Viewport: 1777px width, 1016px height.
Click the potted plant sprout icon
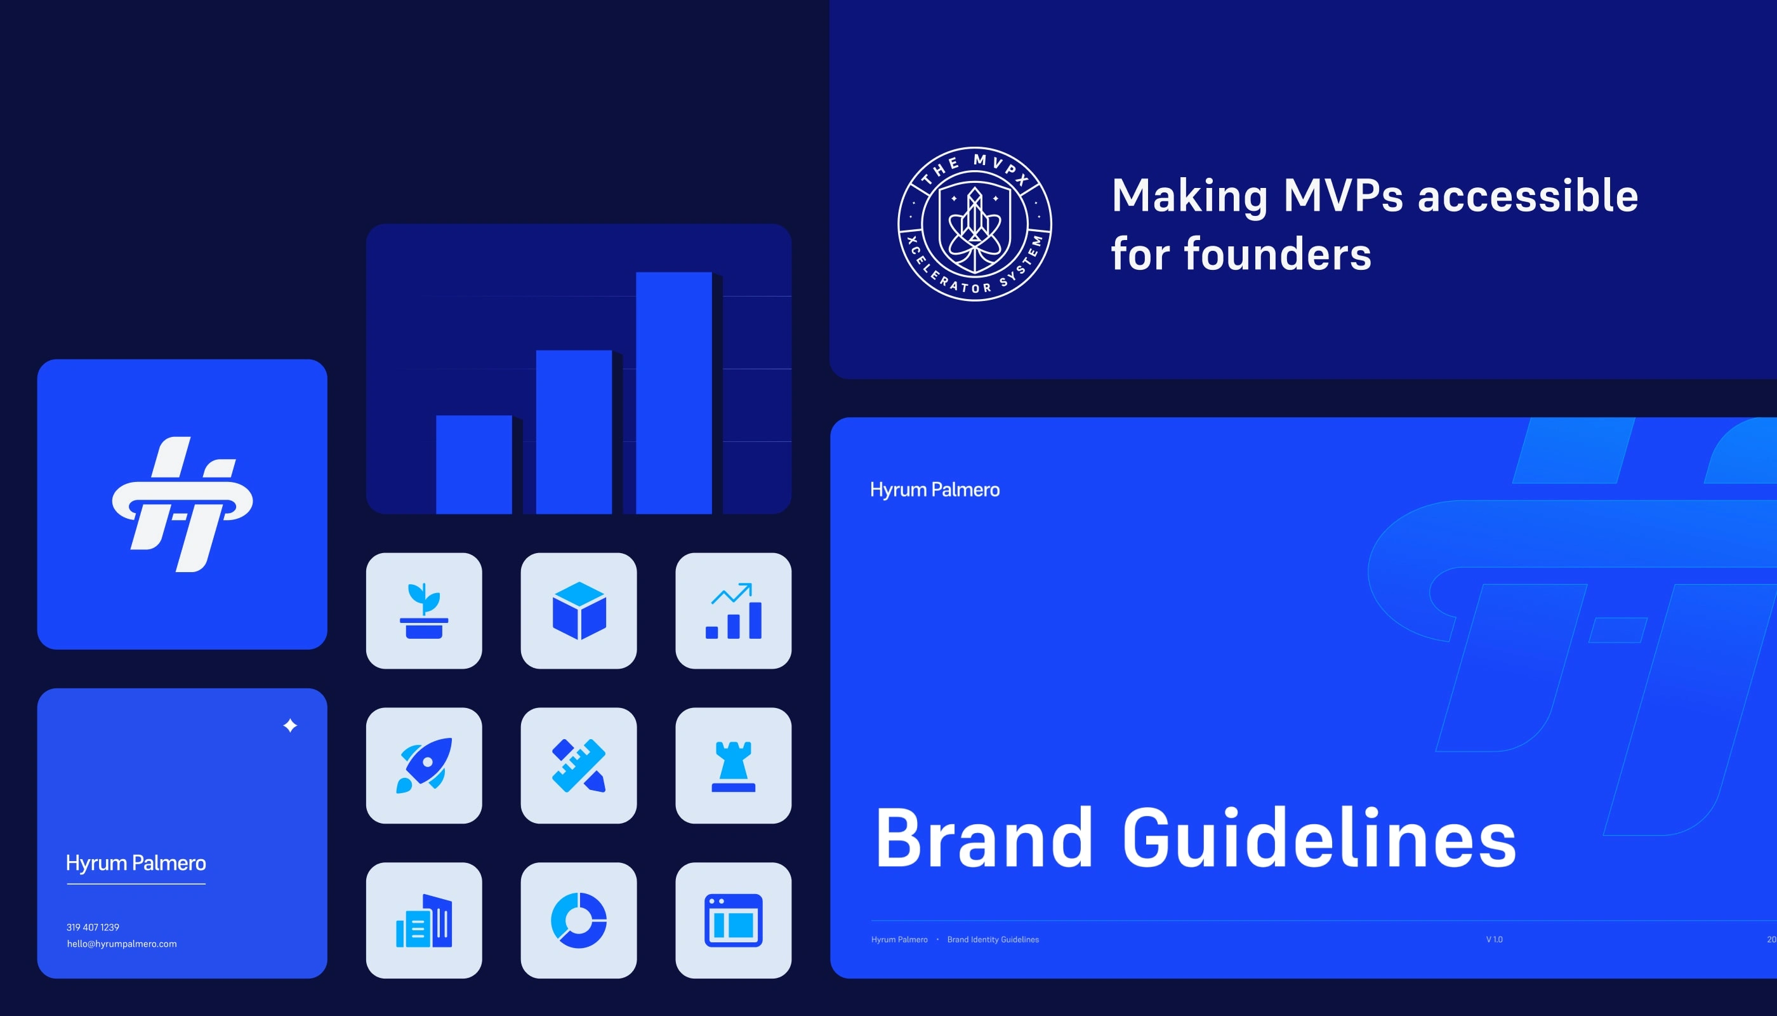(424, 611)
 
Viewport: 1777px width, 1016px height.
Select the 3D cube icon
(579, 611)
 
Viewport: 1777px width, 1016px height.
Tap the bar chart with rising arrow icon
(734, 611)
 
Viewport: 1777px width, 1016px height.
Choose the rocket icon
(424, 765)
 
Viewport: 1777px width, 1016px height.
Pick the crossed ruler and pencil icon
(579, 765)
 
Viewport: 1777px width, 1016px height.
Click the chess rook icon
(734, 766)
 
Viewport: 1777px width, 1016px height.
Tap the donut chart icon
(579, 920)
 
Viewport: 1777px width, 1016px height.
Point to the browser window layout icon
(734, 920)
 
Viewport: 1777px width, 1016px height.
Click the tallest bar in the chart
(674, 393)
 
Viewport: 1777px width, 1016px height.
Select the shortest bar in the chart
(473, 465)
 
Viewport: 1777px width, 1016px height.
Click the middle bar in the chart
(574, 432)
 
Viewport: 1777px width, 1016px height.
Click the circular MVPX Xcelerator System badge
(975, 224)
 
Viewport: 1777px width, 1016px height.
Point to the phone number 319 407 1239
(93, 927)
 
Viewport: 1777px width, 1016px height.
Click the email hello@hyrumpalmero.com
(122, 944)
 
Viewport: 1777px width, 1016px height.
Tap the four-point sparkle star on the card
(290, 726)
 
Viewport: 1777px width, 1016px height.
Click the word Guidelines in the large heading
(1319, 838)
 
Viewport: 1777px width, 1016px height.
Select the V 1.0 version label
(1494, 940)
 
